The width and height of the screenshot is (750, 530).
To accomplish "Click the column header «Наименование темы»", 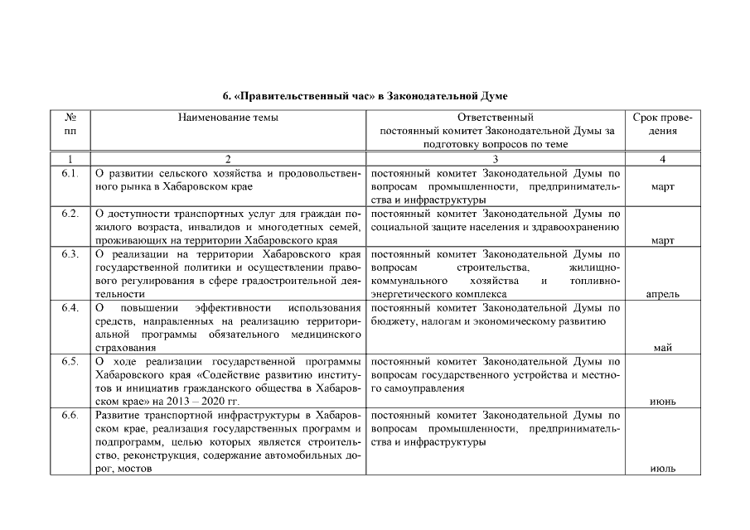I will tap(228, 118).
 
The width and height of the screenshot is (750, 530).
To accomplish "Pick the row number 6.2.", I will tap(70, 214).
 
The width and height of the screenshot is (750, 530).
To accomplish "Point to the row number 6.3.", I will tap(70, 253).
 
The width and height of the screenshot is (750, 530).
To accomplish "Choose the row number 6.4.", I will tap(70, 308).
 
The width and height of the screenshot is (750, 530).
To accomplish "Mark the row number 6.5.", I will tap(70, 361).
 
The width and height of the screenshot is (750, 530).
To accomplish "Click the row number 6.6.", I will tap(70, 415).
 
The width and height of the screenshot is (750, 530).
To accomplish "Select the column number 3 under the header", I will tap(495, 158).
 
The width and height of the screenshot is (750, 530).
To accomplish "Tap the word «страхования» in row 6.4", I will tap(123, 348).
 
